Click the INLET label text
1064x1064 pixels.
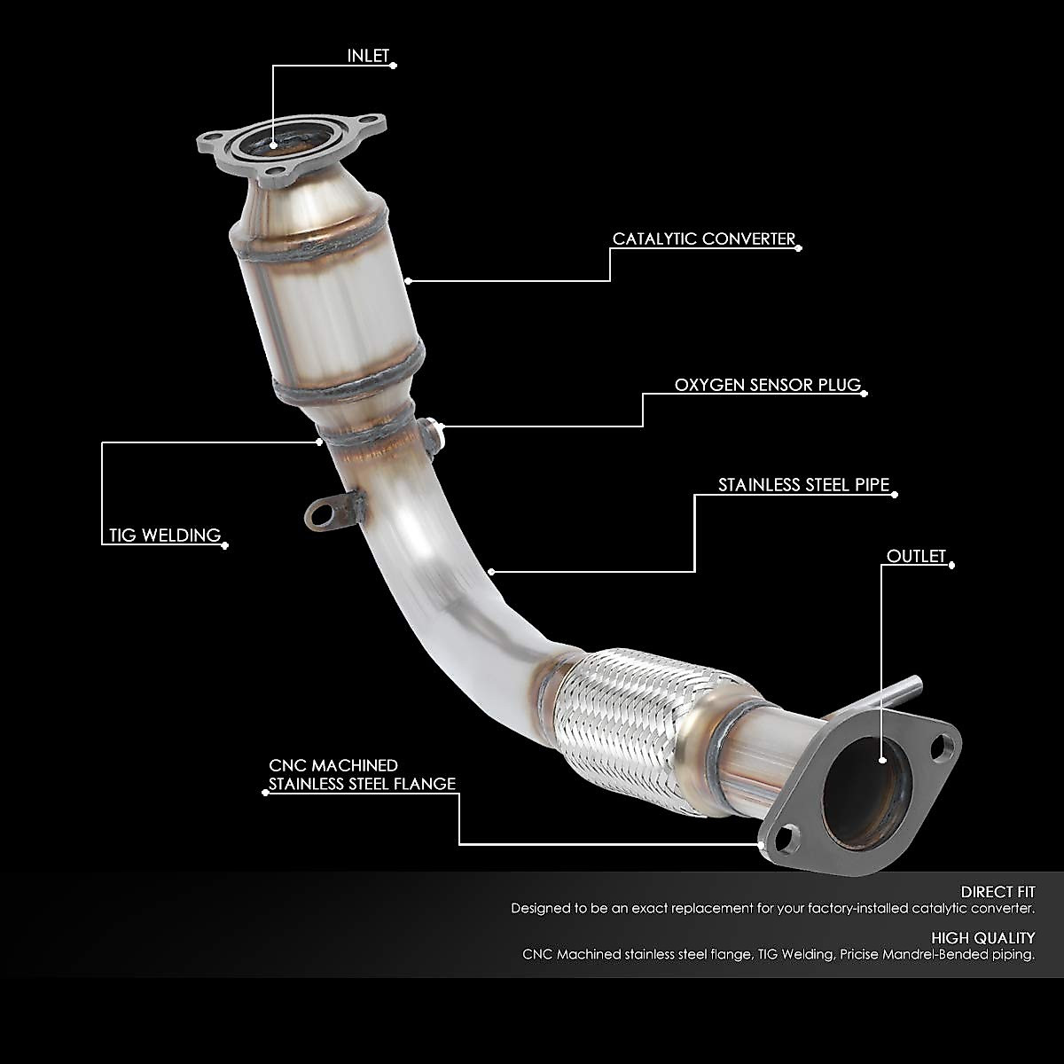pyautogui.click(x=368, y=56)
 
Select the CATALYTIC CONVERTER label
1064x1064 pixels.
pyautogui.click(x=704, y=239)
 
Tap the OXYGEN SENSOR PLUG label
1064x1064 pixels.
pyautogui.click(x=768, y=385)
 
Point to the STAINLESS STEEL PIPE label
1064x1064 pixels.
pyautogui.click(x=803, y=485)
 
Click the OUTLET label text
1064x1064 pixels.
pyautogui.click(x=917, y=556)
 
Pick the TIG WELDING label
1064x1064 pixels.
pyautogui.click(x=164, y=535)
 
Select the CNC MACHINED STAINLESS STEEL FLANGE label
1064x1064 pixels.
pyautogui.click(x=362, y=774)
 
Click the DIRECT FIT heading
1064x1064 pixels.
pyautogui.click(x=997, y=892)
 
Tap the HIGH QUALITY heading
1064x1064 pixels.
pyautogui.click(x=982, y=937)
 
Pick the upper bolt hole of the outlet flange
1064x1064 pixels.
pyautogui.click(x=946, y=745)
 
